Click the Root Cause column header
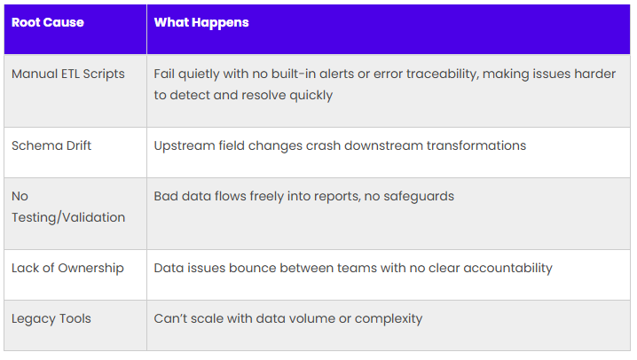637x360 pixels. [x=48, y=22]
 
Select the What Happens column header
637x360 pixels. [x=201, y=23]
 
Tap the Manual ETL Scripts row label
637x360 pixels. [x=67, y=74]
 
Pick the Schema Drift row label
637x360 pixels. [x=51, y=145]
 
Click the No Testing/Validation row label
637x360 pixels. [x=68, y=207]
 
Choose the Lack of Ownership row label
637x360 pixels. [x=67, y=269]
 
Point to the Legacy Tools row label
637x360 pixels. [x=51, y=319]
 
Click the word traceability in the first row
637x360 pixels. [x=442, y=74]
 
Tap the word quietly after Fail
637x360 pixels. [x=198, y=74]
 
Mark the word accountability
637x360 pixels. [x=507, y=269]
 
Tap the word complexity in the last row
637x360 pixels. [x=389, y=319]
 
